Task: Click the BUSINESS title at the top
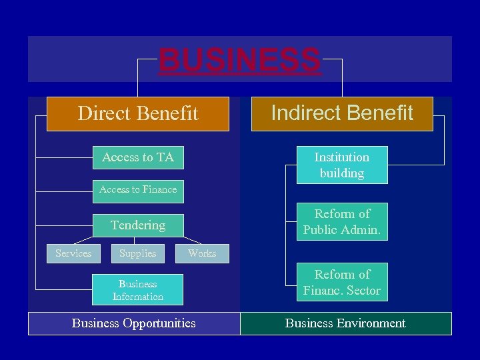coord(239,60)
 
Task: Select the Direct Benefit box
coord(138,113)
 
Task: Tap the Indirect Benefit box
coord(342,113)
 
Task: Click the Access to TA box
coord(138,157)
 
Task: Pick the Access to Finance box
coord(138,189)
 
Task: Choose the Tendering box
coord(138,225)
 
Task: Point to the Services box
coord(73,253)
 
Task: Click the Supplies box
coord(138,253)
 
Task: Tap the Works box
coord(202,253)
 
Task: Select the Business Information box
coord(138,290)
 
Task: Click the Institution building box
coord(342,165)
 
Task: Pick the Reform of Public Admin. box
coord(342,222)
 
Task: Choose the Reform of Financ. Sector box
coord(342,283)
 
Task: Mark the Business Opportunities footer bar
coord(134,323)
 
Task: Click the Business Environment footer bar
coord(345,323)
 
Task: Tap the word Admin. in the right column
coord(363,230)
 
